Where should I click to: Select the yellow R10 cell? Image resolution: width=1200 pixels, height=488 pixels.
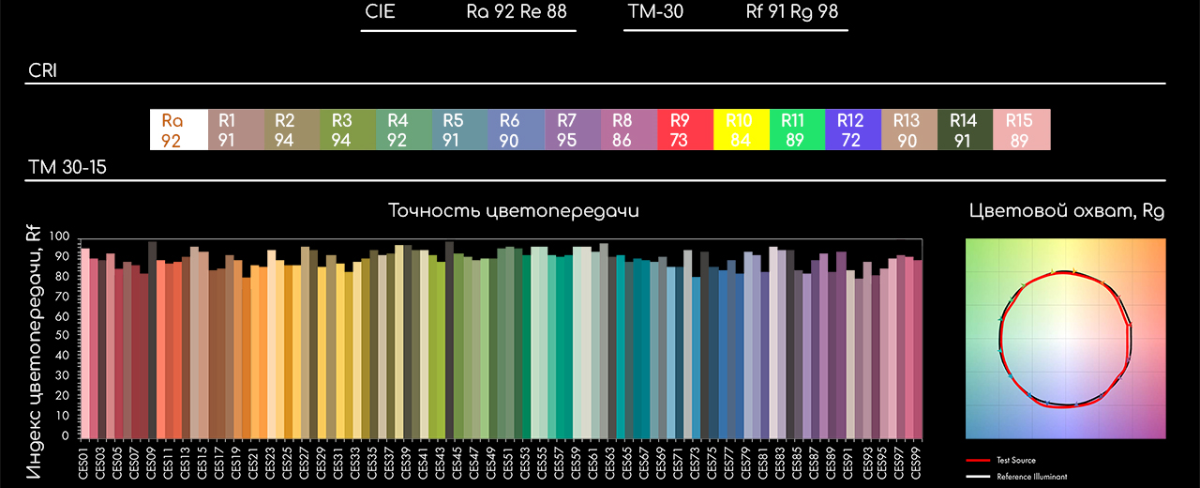741,130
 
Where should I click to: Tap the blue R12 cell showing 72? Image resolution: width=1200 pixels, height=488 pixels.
853,130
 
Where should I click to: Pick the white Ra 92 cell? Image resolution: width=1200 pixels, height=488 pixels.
178,130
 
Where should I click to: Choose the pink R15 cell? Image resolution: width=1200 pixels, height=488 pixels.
1022,130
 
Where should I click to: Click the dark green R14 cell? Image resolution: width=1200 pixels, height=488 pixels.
966,130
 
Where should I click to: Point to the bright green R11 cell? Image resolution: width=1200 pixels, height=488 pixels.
797,130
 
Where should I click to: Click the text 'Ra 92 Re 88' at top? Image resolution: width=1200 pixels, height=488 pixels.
517,12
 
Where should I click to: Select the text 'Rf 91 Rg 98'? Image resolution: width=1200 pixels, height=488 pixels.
792,12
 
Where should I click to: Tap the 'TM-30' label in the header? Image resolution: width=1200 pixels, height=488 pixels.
655,12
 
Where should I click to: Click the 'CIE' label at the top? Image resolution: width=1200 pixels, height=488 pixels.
380,12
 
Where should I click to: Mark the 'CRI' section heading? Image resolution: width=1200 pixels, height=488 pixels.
43,70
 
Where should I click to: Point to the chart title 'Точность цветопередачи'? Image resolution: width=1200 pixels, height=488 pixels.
514,211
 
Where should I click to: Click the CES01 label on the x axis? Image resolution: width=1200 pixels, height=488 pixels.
84,463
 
